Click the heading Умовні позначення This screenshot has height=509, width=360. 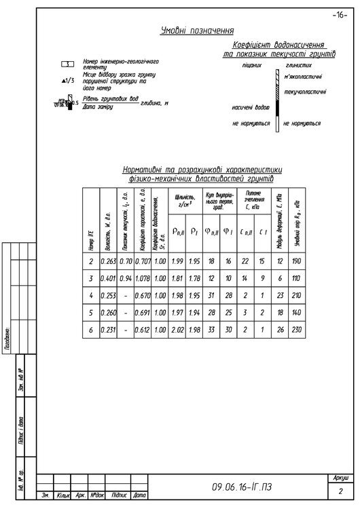point(198,31)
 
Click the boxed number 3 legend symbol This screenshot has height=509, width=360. point(67,64)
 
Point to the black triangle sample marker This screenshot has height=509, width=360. point(63,81)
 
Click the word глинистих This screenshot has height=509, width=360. point(299,66)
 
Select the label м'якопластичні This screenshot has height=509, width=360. point(303,77)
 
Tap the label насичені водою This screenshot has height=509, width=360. point(251,107)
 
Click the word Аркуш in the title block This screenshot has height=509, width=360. point(341,478)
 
